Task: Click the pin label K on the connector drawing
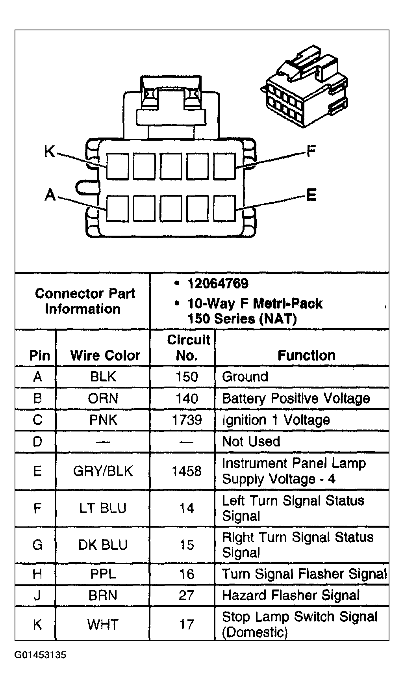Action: pos(50,151)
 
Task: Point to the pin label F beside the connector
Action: pos(311,151)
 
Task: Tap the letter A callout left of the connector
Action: pos(50,195)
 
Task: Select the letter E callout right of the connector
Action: pos(311,195)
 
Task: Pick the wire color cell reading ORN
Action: pos(103,398)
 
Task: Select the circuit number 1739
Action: pos(187,420)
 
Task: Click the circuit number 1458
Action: pos(187,471)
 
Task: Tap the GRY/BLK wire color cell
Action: pos(103,471)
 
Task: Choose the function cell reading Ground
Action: pos(245,377)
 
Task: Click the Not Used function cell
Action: pos(251,441)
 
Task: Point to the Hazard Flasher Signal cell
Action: pos(291,595)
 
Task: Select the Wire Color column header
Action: pos(105,355)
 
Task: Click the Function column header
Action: pos(306,355)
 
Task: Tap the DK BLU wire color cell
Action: pos(103,545)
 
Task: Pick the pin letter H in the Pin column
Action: pos(37,574)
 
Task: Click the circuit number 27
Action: pos(187,595)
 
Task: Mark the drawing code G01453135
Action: pos(41,655)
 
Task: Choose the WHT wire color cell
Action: pos(103,624)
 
